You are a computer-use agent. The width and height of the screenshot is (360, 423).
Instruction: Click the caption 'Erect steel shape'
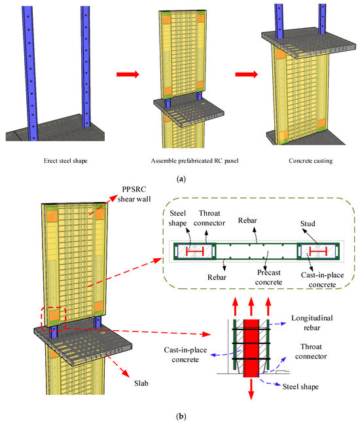coord(65,161)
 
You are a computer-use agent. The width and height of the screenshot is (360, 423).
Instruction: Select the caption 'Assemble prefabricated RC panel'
coord(194,161)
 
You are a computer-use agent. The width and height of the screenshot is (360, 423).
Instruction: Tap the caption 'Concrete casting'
coord(310,161)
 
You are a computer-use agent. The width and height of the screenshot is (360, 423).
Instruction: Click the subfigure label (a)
coord(181,179)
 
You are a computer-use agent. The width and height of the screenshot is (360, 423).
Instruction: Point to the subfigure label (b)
coord(181,416)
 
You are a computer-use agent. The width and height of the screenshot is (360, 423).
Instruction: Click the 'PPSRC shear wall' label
coord(134,194)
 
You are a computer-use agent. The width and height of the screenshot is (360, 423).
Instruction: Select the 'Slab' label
coord(141,383)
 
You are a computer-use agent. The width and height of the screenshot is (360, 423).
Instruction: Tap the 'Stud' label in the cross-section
coord(308,224)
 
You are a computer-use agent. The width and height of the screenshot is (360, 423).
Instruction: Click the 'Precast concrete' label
coord(269,277)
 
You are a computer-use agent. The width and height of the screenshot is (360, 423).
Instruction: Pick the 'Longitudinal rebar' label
coord(312,323)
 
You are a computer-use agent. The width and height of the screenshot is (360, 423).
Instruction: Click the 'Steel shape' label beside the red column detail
coord(300,387)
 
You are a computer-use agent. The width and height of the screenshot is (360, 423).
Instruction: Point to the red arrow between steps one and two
coord(128,74)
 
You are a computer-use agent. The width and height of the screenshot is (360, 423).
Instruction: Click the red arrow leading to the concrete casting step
coord(247,74)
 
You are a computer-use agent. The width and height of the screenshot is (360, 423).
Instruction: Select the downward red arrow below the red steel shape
coord(251,389)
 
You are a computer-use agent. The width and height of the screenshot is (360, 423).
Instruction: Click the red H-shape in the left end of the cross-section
coord(194,252)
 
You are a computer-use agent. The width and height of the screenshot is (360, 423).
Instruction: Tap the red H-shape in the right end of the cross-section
coord(318,252)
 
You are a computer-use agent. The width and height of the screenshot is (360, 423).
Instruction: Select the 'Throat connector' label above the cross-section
coord(209,218)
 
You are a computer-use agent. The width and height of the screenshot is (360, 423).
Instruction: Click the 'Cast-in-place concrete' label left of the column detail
coord(185,355)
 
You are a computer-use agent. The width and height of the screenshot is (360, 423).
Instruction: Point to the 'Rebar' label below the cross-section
coord(217,277)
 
